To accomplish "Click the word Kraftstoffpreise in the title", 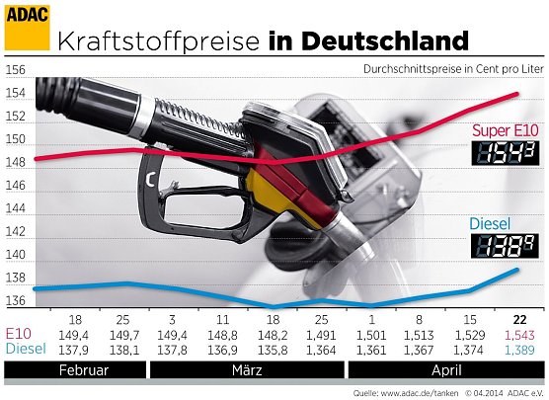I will pos(159,41).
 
